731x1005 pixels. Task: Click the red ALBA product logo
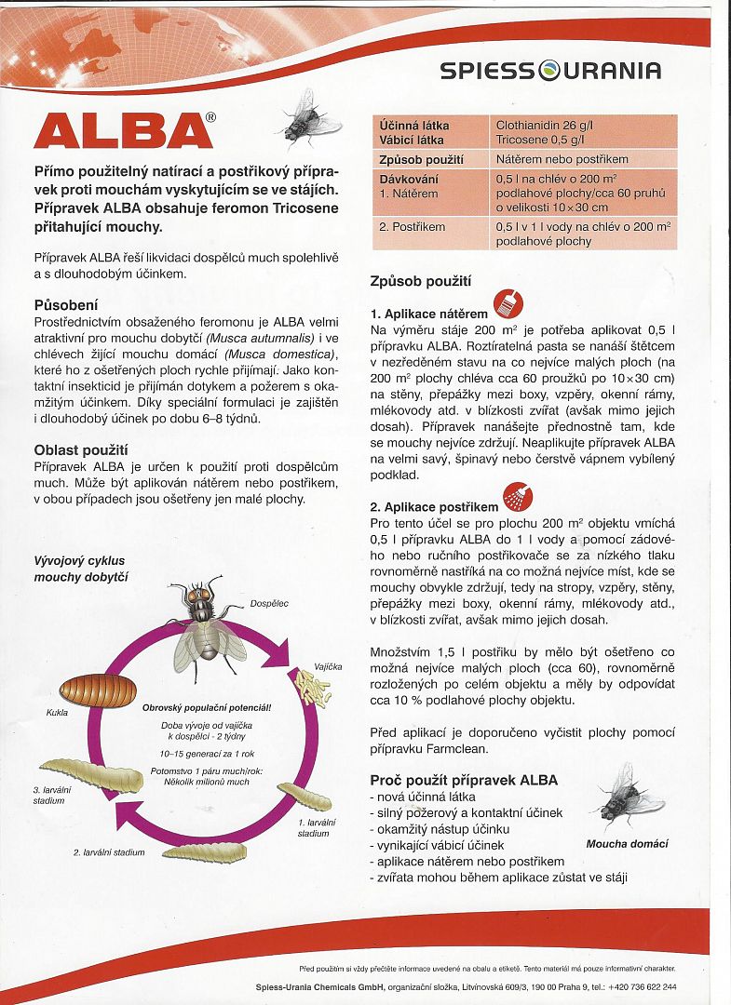click(124, 130)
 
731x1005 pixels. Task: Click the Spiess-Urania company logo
click(550, 71)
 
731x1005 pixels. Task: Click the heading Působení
click(66, 305)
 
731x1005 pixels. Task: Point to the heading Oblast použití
click(81, 450)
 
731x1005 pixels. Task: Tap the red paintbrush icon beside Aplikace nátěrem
click(508, 303)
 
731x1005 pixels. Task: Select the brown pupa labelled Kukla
click(91, 690)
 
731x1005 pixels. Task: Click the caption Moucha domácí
click(627, 845)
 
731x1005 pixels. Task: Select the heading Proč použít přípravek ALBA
click(464, 780)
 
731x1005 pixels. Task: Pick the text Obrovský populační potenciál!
click(207, 708)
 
